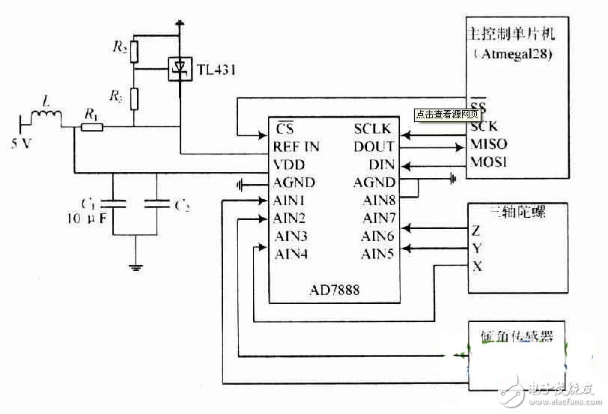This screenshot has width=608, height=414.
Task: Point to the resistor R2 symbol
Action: point(133,51)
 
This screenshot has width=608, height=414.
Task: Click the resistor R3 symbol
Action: point(133,97)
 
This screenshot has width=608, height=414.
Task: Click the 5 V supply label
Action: point(21,144)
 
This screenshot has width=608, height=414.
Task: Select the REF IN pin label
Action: point(296,147)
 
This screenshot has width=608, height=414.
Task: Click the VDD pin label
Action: point(289,165)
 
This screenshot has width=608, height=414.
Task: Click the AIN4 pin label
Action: point(291,254)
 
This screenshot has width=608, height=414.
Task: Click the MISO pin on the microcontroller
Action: point(488,144)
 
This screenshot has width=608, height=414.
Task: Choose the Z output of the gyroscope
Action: point(475,231)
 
